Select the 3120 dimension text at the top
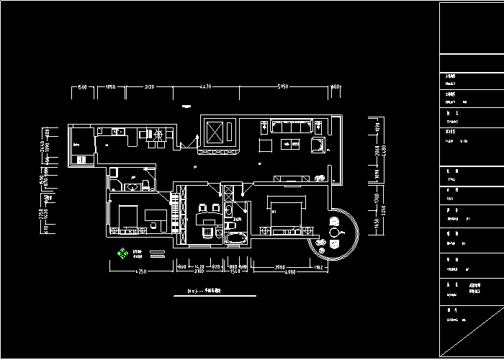pyautogui.click(x=149, y=86)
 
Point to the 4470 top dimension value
pyautogui.click(x=205, y=86)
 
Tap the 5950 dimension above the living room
pyautogui.click(x=283, y=86)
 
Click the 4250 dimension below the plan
pyautogui.click(x=140, y=271)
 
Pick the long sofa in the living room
pyautogui.click(x=290, y=127)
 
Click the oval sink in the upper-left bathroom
pyautogui.click(x=132, y=187)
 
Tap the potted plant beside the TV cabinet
pyautogui.click(x=321, y=177)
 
